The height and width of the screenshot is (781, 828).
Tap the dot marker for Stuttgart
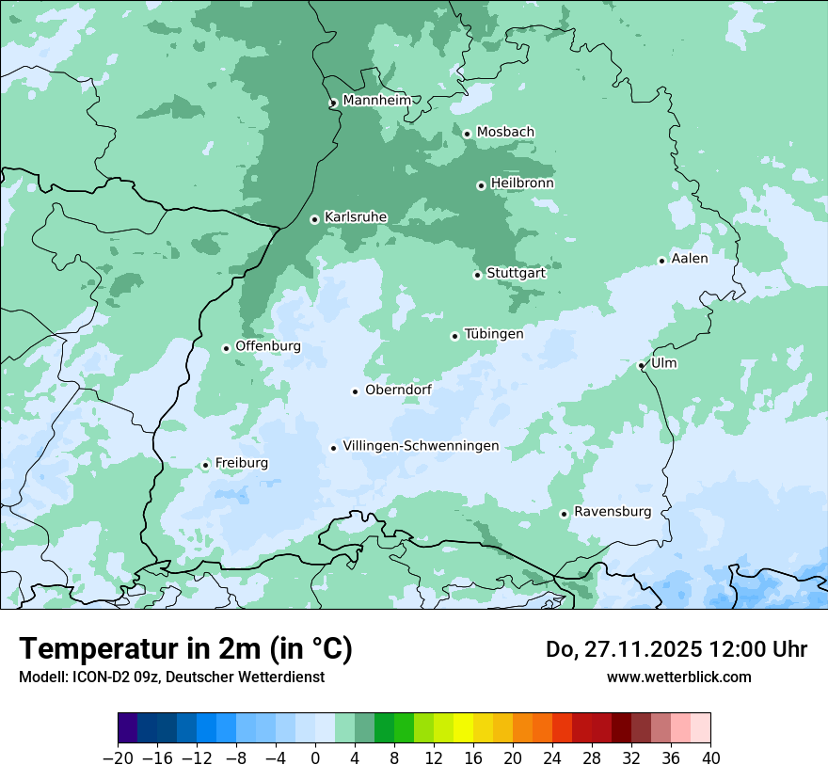click(x=477, y=275)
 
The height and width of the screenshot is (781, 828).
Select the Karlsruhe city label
click(x=356, y=217)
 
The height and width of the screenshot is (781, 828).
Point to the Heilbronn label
click(x=522, y=183)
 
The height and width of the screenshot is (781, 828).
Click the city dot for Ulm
click(x=641, y=366)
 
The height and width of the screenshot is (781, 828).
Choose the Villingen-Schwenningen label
click(x=421, y=446)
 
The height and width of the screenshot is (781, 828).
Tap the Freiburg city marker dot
click(x=205, y=465)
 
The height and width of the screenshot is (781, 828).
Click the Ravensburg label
click(x=613, y=512)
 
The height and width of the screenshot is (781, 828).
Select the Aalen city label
click(x=690, y=259)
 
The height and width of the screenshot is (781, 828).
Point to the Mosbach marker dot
click(x=467, y=134)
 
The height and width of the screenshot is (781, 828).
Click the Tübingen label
click(x=494, y=334)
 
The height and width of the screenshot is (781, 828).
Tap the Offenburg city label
click(x=268, y=346)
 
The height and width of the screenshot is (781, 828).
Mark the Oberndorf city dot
click(x=355, y=391)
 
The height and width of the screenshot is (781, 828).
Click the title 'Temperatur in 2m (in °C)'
click(x=185, y=648)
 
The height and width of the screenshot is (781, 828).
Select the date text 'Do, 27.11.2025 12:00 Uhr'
click(x=677, y=649)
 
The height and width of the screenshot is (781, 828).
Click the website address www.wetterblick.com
click(x=679, y=677)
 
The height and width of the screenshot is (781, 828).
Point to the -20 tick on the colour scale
click(x=118, y=758)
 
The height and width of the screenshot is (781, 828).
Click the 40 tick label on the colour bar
click(x=710, y=758)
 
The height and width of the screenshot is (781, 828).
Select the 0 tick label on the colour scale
click(x=315, y=758)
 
